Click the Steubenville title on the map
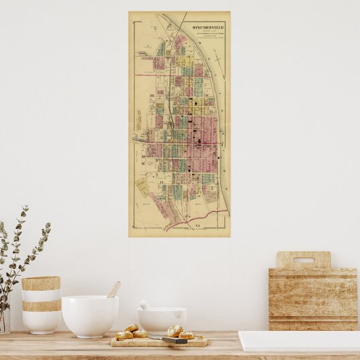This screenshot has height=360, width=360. pos(207,28)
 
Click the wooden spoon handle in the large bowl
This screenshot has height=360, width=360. pos(113,289)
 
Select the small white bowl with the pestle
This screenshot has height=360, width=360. pos(162,320)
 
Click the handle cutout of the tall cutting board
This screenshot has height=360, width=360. pos(303,259)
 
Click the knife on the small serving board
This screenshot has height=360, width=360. pos(175,340)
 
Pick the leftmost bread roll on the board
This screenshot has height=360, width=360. pos(124,335)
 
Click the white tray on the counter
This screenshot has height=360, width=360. pos(299,340)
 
